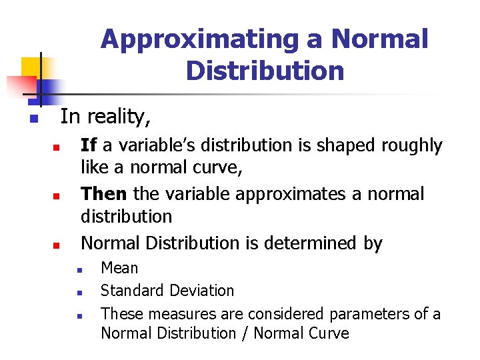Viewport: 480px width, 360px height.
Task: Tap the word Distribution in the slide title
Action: point(265,70)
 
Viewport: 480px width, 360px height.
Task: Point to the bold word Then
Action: point(103,194)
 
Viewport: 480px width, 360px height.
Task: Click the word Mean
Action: point(119,268)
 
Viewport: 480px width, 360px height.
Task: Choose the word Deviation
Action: point(202,291)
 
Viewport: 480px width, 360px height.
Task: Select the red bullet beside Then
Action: point(57,197)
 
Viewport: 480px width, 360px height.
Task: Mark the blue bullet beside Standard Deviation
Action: point(79,292)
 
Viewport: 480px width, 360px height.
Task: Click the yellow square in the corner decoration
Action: point(31,67)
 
